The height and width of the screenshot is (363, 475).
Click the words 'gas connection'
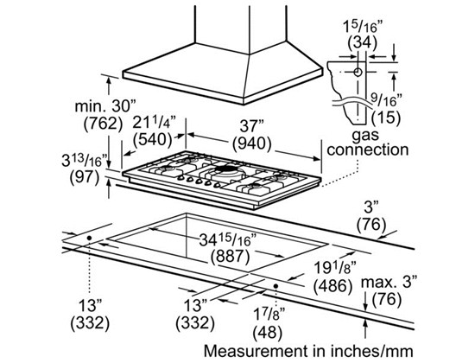coord(368,141)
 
